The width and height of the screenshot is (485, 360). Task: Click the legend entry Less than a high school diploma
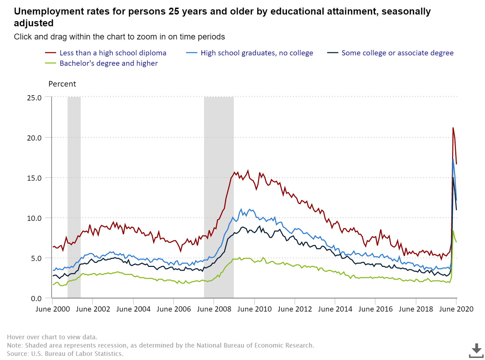coord(113,53)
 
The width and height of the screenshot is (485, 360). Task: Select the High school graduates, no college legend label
coord(256,53)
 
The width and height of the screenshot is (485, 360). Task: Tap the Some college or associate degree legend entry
coord(397,53)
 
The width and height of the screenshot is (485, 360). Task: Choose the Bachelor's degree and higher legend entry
coord(108,63)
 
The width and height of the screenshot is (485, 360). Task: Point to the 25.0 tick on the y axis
coord(34,98)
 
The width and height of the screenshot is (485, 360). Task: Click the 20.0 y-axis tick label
coord(34,138)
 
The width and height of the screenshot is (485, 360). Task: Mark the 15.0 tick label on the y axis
coord(34,178)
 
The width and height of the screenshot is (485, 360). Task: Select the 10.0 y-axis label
coord(34,218)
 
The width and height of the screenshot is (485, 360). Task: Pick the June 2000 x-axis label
coord(53,309)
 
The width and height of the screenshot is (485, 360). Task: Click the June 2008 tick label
coord(214,309)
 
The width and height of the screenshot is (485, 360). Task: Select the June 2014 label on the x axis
coord(335,309)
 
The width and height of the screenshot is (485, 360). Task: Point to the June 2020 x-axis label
coord(456,309)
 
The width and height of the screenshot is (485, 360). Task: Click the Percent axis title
coord(62,84)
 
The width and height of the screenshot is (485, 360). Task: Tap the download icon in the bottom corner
coord(476,350)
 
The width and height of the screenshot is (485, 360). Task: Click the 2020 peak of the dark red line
coord(453,128)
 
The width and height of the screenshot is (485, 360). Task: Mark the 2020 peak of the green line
coord(453,231)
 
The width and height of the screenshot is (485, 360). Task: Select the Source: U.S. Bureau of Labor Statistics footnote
coord(65,354)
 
